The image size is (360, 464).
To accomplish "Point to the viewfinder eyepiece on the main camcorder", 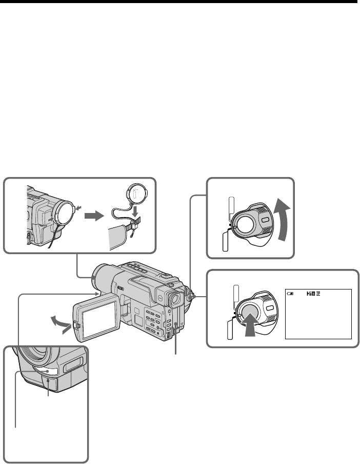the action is [x=174, y=299].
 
